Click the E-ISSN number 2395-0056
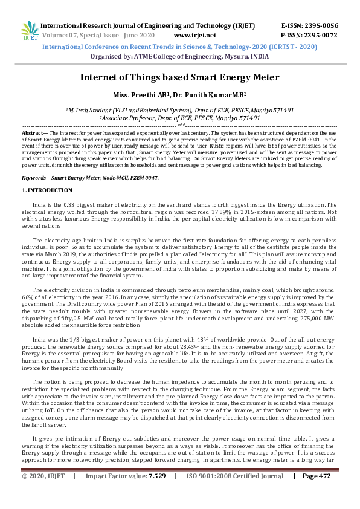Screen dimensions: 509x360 (318, 26)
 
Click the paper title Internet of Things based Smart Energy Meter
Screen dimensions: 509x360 (179, 77)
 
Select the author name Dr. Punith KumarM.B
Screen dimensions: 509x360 (209, 95)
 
